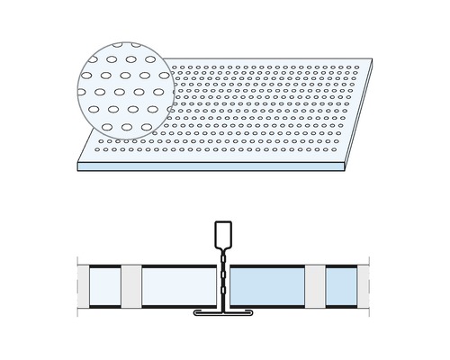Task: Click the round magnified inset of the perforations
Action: click(119, 89)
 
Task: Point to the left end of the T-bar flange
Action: click(194, 315)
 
